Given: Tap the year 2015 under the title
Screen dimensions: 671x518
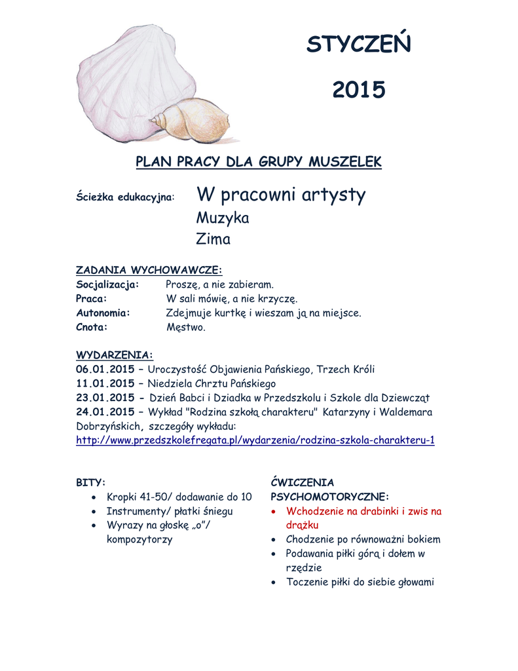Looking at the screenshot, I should pos(359,90).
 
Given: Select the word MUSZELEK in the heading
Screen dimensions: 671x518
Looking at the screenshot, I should pos(344,161).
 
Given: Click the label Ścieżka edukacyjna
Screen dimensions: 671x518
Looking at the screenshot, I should pos(125,197).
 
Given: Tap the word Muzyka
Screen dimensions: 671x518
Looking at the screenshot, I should pos(223,218).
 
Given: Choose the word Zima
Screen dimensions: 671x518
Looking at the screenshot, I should pos(213,239).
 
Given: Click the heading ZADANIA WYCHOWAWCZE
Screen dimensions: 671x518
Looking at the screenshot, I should pos(149,270).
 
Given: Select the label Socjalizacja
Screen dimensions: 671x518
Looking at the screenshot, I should pos(107,284).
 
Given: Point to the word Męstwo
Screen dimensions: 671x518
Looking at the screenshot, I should pos(186,327).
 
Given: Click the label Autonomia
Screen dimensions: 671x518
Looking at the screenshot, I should pos(103,313).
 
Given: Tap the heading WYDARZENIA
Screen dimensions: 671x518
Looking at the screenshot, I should pos(115,355).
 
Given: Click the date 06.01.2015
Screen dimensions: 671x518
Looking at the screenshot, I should pos(105,370).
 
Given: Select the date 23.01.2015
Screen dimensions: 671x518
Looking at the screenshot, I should pos(105,398).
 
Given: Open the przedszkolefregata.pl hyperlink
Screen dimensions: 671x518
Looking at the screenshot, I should pos(255,440).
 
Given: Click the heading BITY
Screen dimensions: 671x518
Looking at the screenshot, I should pos(90,482).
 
